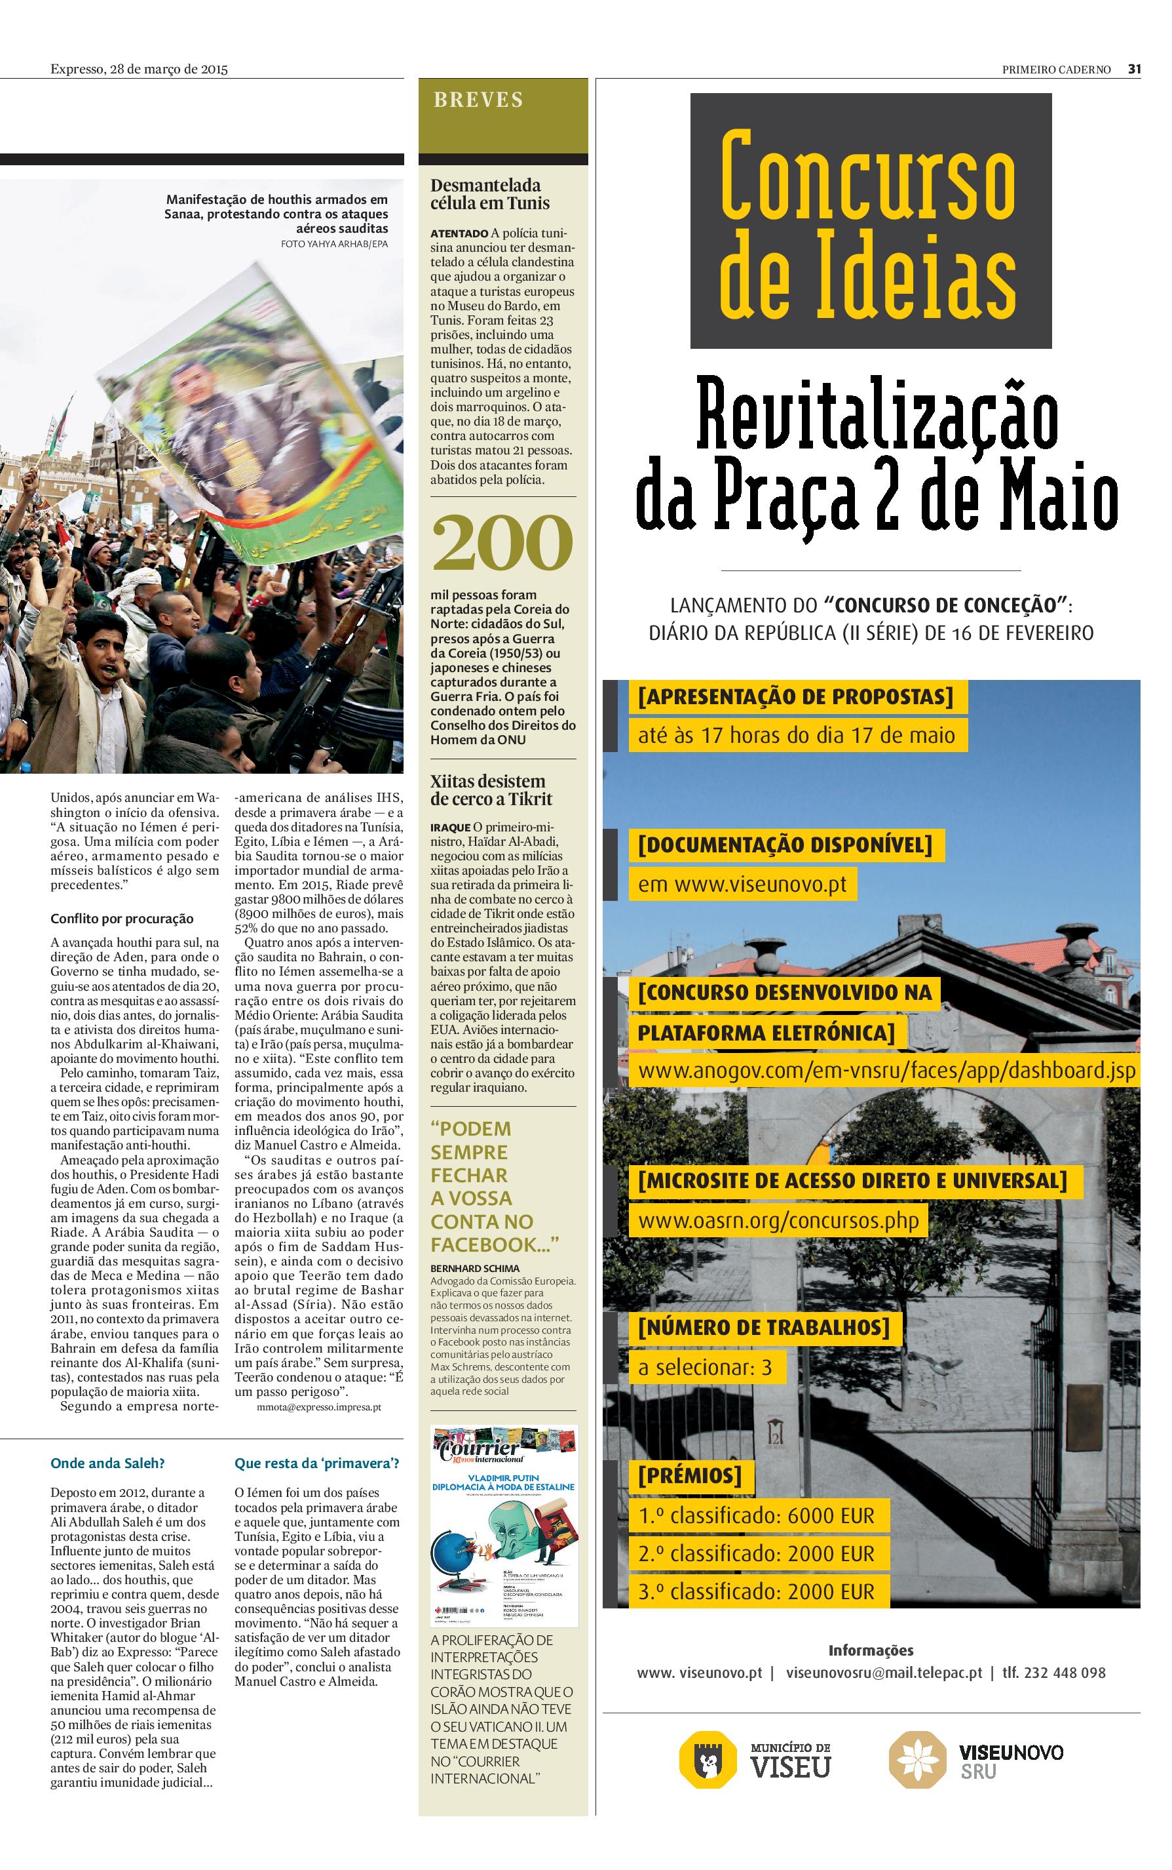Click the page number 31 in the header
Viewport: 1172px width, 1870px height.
1134,69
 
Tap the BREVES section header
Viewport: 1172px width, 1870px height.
478,100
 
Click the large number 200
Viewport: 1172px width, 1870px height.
502,543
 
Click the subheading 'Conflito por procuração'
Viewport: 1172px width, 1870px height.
122,919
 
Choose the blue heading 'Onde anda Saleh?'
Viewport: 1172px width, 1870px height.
107,1463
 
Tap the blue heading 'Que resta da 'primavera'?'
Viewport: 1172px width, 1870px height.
317,1463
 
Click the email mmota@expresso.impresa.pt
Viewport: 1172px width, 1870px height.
318,1406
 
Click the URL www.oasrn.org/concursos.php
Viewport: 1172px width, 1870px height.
778,1221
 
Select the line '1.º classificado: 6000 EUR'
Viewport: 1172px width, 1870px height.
756,1515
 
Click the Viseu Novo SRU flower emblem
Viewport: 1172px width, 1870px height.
917,1760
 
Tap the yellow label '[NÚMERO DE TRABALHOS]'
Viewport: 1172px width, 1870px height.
763,1327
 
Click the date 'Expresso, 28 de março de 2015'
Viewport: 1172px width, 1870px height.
139,69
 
